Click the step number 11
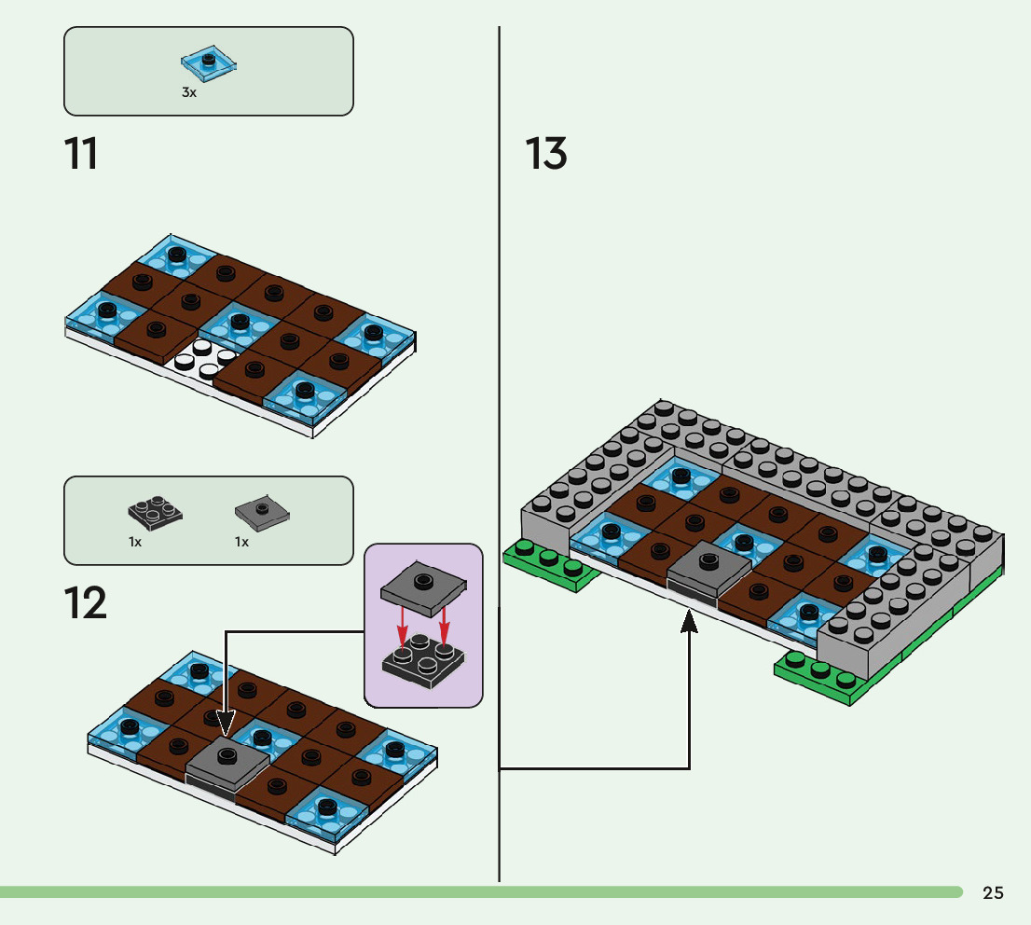[81, 154]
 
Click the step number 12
[86, 603]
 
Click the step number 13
[545, 154]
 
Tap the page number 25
[993, 892]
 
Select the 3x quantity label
[189, 92]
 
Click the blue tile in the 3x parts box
[209, 63]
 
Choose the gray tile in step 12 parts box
[262, 513]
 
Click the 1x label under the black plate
[135, 542]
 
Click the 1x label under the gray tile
[242, 542]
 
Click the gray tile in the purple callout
[423, 587]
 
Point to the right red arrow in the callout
[444, 625]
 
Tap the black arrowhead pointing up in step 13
[689, 621]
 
